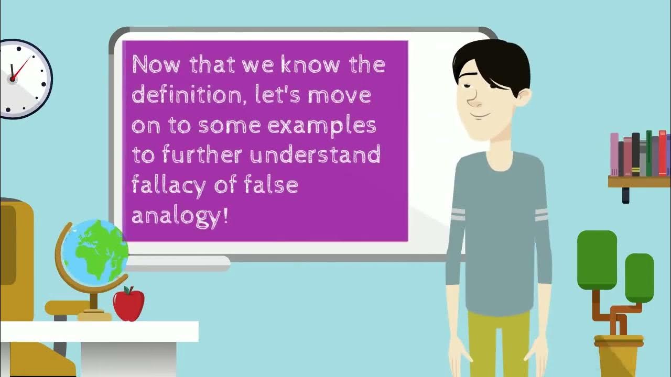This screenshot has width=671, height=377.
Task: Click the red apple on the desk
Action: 128,305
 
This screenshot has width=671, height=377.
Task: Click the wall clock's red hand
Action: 19,69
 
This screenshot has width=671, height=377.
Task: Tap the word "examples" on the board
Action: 322,126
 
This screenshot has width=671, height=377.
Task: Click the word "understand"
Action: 315,155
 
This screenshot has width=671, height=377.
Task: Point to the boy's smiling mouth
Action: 482,115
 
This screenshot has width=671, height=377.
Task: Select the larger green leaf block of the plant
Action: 597,260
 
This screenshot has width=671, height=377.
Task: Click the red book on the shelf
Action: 663,152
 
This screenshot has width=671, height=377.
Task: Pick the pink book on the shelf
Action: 614,154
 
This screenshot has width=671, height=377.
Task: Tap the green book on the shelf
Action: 649,153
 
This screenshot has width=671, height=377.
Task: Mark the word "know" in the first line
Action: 309,65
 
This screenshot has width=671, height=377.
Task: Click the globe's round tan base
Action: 94,315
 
